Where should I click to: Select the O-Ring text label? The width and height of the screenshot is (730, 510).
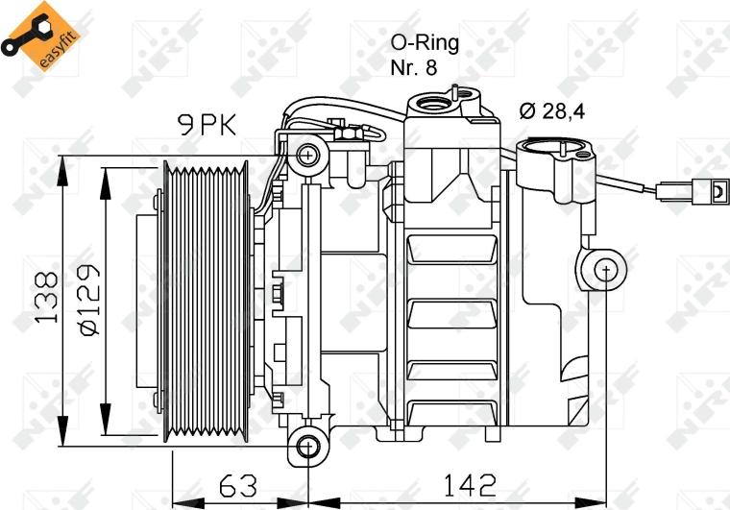425,42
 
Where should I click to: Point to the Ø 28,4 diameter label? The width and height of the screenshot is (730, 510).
552,110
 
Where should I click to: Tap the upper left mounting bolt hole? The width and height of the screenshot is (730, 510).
308,154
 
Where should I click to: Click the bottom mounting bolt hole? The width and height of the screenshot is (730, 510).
308,446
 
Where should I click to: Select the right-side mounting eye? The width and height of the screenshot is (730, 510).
606,271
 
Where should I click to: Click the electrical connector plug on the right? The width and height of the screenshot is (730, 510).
712,191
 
